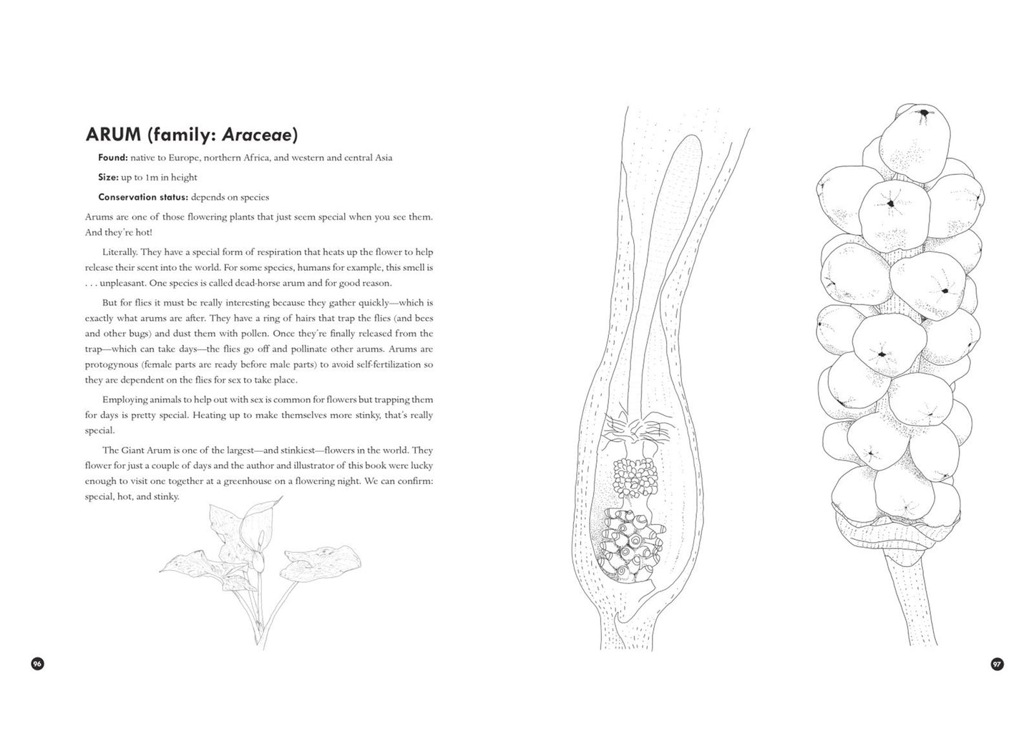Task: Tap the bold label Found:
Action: click(x=113, y=158)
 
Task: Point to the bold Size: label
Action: click(x=108, y=177)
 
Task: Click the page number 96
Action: click(x=38, y=664)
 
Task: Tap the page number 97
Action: click(x=997, y=664)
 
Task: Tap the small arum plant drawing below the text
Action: click(x=258, y=566)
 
